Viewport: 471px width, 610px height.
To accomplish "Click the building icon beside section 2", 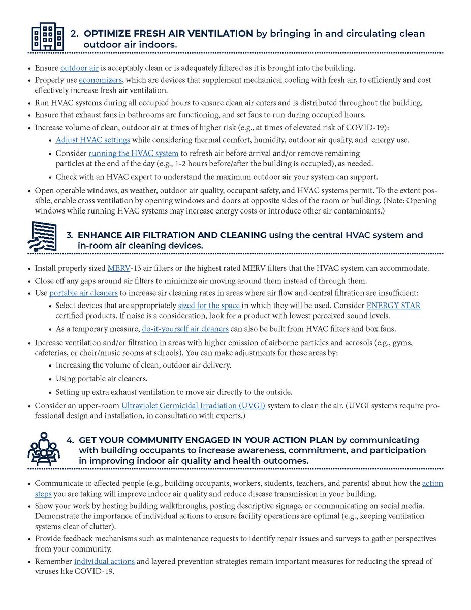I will (44, 37).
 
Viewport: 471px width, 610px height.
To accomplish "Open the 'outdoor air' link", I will (80, 68).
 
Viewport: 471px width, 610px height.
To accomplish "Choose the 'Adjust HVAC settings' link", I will (93, 140).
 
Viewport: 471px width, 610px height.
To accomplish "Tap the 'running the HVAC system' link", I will (134, 153).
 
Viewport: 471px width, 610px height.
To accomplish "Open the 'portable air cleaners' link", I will (84, 293).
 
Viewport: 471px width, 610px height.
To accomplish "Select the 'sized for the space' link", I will (210, 306).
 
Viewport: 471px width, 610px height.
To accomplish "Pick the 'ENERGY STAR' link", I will (394, 306).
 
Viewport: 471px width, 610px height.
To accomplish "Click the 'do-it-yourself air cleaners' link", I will (185, 328).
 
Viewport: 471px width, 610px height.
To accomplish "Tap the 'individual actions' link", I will (105, 561).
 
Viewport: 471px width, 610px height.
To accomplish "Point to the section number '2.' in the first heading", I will (75, 34).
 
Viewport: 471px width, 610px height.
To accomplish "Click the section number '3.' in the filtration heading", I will (71, 235).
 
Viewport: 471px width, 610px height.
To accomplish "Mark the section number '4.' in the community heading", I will (71, 440).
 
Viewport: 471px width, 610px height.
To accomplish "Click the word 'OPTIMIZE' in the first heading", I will (106, 34).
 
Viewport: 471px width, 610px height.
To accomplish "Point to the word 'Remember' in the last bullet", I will (53, 561).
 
